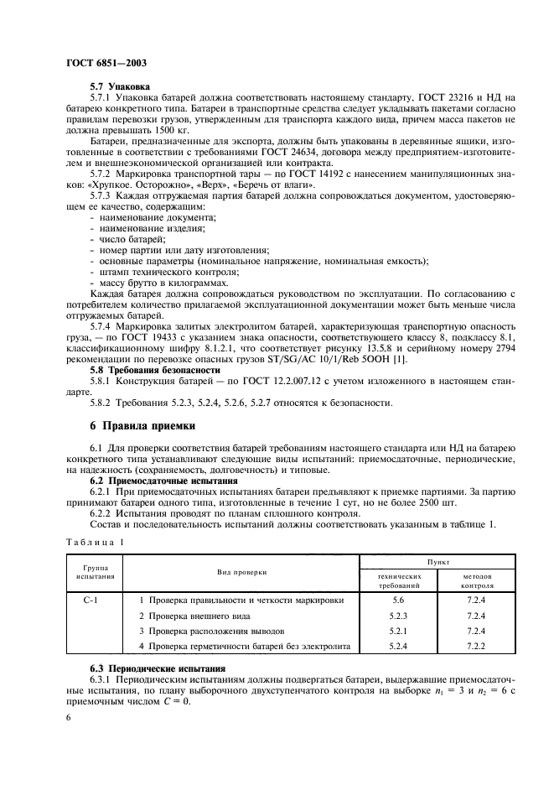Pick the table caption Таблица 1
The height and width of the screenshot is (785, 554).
coord(93,542)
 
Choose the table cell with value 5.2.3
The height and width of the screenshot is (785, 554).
coord(398,616)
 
